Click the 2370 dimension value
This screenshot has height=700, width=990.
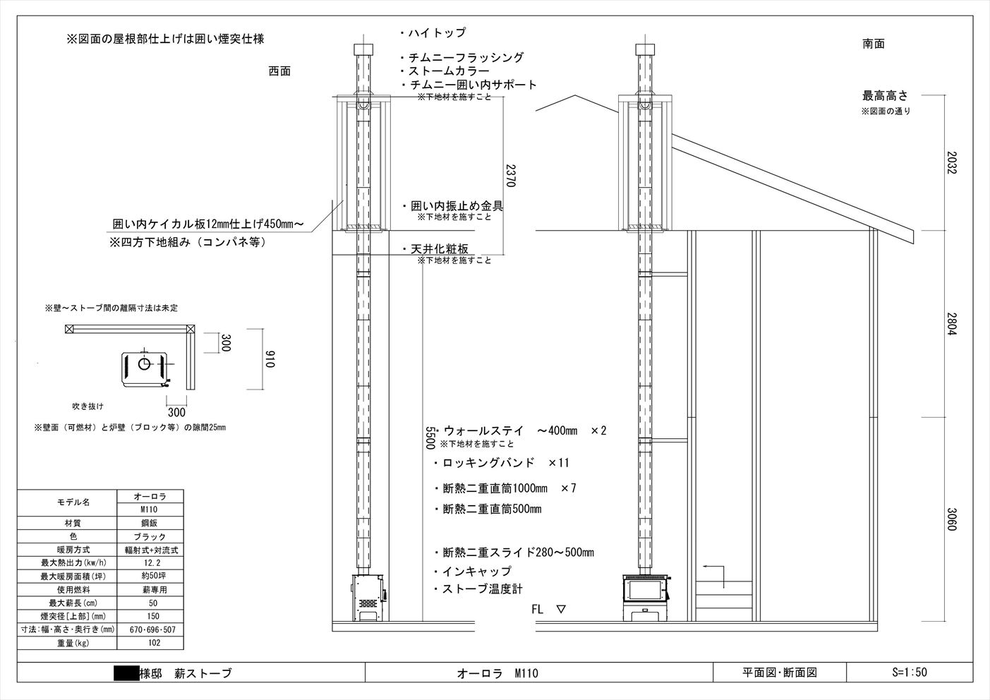510,176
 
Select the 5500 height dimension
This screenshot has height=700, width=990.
430,437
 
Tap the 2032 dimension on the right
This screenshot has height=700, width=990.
952,162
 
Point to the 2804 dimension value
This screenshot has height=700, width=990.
952,324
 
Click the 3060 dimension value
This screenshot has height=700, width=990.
952,519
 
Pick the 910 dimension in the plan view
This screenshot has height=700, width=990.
270,359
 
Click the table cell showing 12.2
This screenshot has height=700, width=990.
152,563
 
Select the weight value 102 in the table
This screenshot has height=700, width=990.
155,643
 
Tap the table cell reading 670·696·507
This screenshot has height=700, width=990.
152,629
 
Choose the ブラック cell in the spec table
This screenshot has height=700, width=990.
150,537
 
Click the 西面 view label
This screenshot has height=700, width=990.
279,71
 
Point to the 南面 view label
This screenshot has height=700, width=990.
874,44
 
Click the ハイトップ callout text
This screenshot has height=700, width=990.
433,32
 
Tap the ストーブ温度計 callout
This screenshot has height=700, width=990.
478,589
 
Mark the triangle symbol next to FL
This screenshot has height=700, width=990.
561,609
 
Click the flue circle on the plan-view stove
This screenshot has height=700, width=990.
144,364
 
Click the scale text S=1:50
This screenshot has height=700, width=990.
909,672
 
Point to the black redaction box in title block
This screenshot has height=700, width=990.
126,673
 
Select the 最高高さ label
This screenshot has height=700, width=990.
885,95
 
